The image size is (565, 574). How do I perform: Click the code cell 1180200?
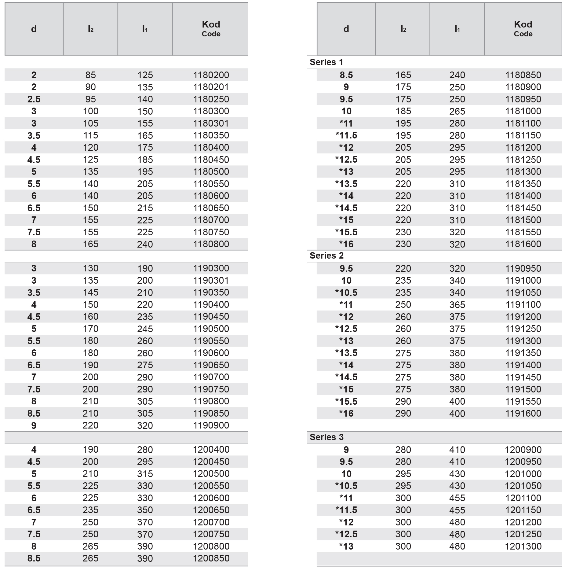coord(211,75)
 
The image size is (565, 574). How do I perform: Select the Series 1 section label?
coord(326,62)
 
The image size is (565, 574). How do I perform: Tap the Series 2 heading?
coord(326,256)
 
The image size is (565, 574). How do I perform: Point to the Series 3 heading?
coord(326,437)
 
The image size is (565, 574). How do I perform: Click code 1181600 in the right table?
coord(523,244)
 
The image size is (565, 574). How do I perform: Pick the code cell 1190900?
coord(211,425)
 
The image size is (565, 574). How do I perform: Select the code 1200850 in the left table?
coord(211,558)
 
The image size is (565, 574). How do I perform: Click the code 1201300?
coord(523,546)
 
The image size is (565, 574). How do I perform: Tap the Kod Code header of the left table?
coord(211,29)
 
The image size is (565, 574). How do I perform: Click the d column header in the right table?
coord(346,29)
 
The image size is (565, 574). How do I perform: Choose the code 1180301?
coord(211,123)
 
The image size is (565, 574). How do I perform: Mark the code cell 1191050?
coord(523,293)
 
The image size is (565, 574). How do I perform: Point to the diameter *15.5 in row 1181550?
coord(346,232)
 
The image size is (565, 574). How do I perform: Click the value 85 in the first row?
coord(90,75)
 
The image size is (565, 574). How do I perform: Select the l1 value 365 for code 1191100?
coord(457,304)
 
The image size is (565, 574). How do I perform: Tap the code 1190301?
coord(211,280)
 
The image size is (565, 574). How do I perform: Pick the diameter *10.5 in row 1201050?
coord(346,486)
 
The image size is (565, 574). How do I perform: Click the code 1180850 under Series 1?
coord(523,75)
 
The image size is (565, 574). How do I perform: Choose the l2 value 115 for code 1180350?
coord(90,135)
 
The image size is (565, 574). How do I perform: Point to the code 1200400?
coord(211,449)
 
